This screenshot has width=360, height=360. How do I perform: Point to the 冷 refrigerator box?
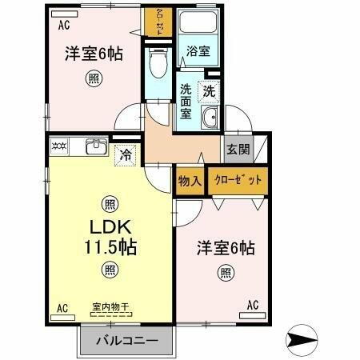pyautogui.click(x=125, y=155)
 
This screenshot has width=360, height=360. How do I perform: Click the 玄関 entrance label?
pyautogui.click(x=237, y=149)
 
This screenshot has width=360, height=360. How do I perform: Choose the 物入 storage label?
pyautogui.click(x=190, y=181)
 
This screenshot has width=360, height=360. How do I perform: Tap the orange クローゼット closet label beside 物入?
pyautogui.click(x=238, y=181)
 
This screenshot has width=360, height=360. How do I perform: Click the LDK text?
pyautogui.click(x=109, y=227)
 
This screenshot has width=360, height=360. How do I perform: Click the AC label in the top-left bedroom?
pyautogui.click(x=63, y=25)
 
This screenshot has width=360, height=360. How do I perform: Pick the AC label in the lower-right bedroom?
pyautogui.click(x=253, y=304)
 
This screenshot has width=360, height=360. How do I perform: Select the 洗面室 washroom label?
pyautogui.click(x=185, y=101)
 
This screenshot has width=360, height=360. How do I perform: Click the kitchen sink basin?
pyautogui.click(x=97, y=146)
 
